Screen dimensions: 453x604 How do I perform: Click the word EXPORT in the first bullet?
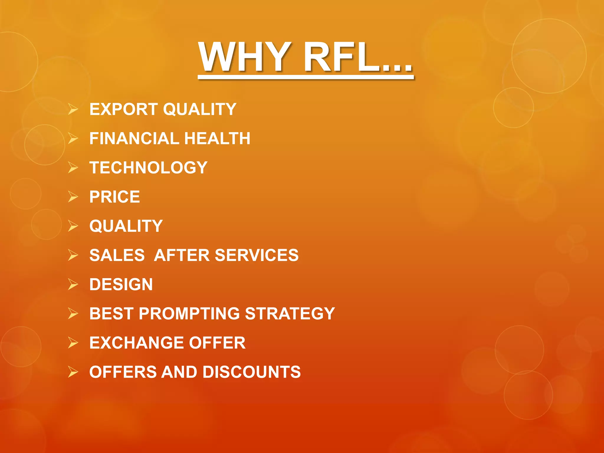click(124, 109)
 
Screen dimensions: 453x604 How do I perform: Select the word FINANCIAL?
click(134, 139)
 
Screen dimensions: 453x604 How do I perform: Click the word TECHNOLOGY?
click(148, 168)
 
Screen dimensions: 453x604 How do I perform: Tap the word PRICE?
click(115, 197)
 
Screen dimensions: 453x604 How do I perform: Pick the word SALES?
click(117, 255)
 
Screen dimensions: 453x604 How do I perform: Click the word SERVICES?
click(257, 255)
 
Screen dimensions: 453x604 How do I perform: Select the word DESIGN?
click(121, 285)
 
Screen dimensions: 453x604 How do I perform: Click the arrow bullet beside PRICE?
click(73, 197)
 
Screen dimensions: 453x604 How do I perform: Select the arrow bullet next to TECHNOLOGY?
click(73, 168)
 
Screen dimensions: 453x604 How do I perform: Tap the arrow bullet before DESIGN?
click(73, 284)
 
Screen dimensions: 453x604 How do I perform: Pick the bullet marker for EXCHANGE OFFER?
click(73, 343)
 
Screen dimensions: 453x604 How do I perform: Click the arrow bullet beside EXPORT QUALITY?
click(73, 109)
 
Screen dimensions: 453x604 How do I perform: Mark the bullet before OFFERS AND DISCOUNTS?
click(73, 372)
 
